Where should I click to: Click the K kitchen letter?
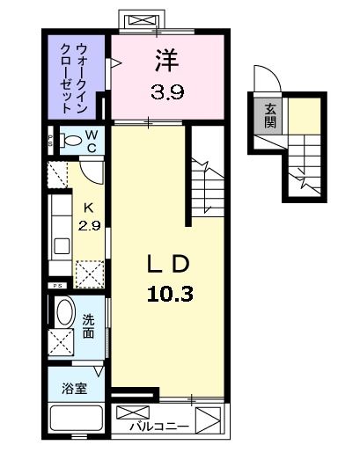tap(87, 208)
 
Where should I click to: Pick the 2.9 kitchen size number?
tap(87, 226)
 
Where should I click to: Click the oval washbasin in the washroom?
tap(64, 312)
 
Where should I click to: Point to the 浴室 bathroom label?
tap(74, 388)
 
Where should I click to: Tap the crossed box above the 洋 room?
tap(140, 19)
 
